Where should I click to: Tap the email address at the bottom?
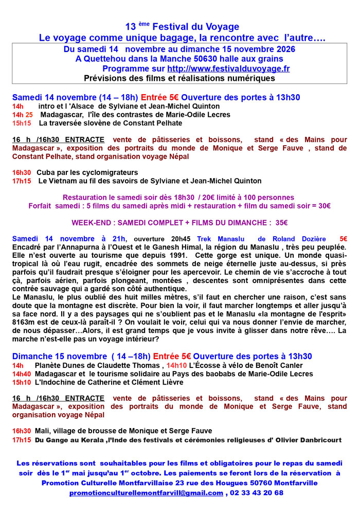[x=146, y=493]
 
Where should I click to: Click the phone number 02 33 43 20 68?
[x=257, y=493]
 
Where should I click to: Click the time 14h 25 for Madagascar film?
[x=23, y=114]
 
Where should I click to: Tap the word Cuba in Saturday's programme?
[x=44, y=172]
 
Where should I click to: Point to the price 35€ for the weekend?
[x=281, y=222]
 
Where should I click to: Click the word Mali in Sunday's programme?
[x=42, y=431]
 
